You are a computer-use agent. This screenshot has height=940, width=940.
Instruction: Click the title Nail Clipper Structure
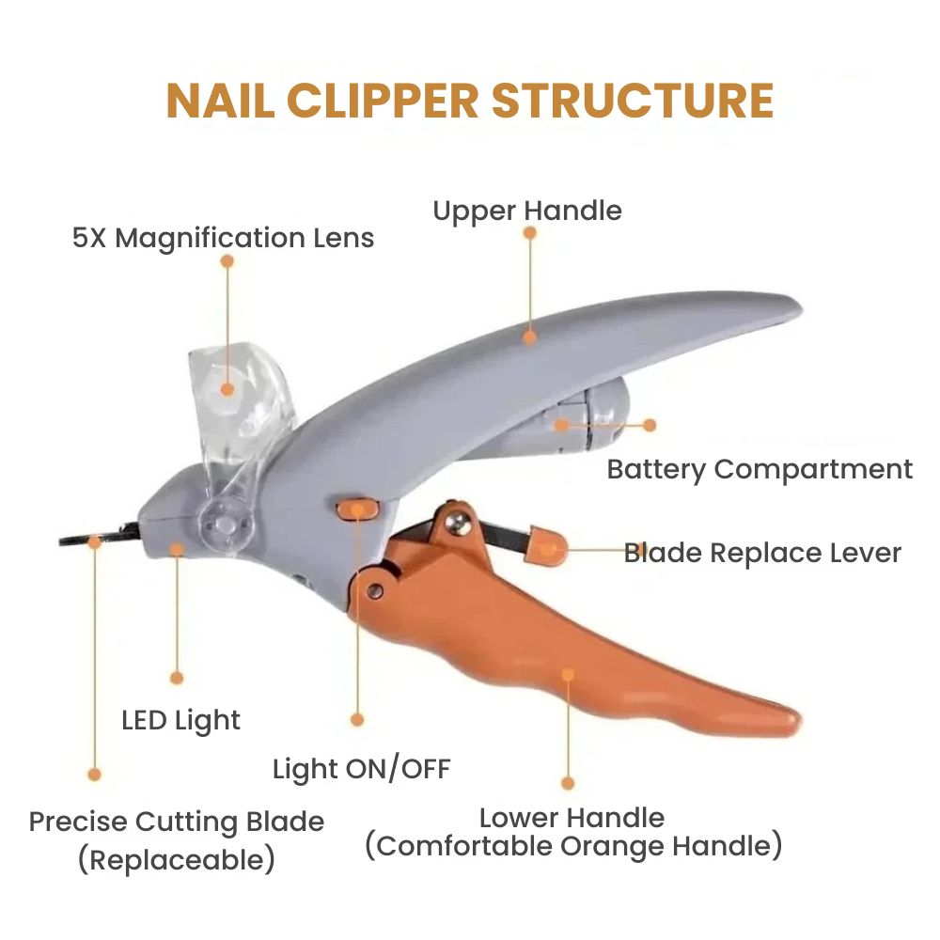(470, 102)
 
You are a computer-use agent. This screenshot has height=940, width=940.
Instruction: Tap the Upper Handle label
(527, 211)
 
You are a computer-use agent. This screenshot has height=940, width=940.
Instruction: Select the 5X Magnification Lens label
(224, 238)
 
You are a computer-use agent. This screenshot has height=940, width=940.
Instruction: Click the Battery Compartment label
(760, 469)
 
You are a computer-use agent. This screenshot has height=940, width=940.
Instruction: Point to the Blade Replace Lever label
(762, 553)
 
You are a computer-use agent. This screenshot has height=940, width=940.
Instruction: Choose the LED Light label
(181, 721)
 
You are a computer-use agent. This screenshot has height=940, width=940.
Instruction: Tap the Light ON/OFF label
(362, 770)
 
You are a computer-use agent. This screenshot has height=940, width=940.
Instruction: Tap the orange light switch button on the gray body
(358, 509)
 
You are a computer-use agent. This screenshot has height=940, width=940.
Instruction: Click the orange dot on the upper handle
(530, 336)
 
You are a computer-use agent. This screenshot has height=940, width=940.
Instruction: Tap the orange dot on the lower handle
(568, 673)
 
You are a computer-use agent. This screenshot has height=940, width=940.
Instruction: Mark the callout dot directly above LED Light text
(176, 677)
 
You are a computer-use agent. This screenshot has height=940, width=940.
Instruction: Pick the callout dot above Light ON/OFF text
(357, 719)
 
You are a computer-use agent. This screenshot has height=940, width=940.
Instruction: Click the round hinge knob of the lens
(225, 519)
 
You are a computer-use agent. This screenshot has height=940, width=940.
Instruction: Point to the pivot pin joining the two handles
(375, 590)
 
